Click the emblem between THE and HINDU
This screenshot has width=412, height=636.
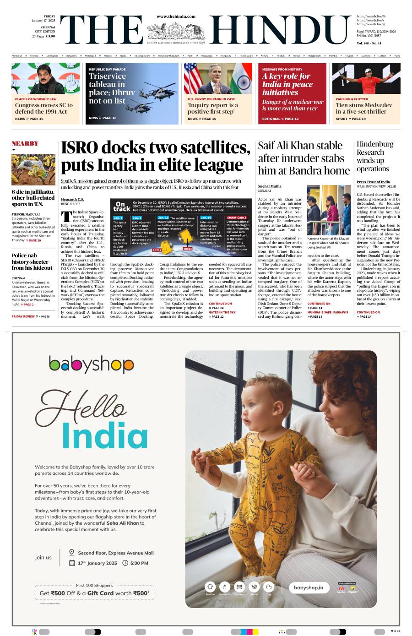[176, 32]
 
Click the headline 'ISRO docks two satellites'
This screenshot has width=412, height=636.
[156, 156]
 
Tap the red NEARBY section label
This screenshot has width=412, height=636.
[25, 143]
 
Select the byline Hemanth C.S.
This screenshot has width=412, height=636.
[72, 199]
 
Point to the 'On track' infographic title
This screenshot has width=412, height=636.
[121, 206]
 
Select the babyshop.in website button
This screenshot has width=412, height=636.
[309, 587]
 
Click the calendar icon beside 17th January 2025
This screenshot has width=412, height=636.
[72, 563]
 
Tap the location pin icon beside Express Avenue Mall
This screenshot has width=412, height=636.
[72, 553]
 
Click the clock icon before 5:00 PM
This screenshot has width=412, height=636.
[125, 563]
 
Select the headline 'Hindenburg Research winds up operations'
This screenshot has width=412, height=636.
[375, 156]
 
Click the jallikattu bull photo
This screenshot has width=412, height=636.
[33, 169]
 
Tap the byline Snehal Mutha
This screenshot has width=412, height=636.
[270, 186]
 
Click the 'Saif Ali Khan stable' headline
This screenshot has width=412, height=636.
[304, 158]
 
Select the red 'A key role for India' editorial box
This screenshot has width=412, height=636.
[292, 93]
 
